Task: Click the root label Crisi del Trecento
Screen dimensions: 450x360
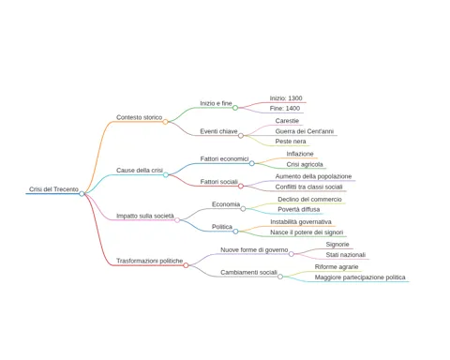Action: point(53,189)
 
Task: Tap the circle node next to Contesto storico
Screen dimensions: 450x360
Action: point(165,122)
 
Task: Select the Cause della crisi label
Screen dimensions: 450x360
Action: point(140,171)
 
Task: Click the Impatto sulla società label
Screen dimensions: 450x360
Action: point(145,216)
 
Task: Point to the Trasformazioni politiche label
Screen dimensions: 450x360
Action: point(149,261)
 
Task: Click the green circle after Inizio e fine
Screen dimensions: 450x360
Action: point(235,108)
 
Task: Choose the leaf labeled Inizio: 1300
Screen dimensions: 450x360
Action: point(286,98)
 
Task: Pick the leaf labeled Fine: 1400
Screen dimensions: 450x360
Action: point(285,108)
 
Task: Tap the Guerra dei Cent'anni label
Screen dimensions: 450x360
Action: point(305,131)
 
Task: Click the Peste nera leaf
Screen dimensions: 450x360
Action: point(291,142)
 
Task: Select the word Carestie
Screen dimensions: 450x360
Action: point(287,121)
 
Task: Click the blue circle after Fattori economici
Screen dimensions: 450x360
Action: point(252,163)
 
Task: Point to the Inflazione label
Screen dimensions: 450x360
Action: point(300,154)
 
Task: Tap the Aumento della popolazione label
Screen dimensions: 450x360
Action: point(313,176)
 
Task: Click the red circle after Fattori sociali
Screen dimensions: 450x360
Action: point(241,187)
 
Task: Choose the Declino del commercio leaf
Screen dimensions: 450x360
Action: point(309,200)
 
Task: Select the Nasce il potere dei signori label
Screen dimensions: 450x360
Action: point(307,232)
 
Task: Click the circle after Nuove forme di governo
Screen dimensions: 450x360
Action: point(292,254)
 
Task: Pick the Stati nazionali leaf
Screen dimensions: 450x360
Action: point(346,255)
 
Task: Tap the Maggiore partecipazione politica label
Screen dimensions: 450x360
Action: point(360,277)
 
